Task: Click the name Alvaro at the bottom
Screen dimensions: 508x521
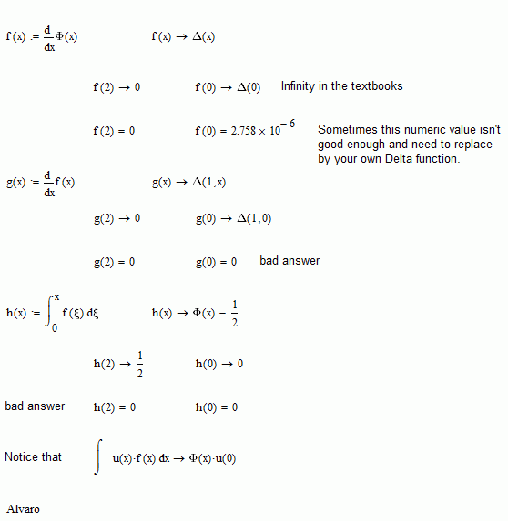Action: click(24, 509)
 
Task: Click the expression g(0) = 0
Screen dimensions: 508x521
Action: click(216, 262)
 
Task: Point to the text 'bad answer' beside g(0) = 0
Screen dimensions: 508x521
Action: click(290, 261)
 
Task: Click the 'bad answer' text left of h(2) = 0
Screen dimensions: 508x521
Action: click(35, 406)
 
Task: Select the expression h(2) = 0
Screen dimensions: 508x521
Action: click(114, 407)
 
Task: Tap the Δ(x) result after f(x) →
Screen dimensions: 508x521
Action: click(204, 37)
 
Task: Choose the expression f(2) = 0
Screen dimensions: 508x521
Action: click(114, 131)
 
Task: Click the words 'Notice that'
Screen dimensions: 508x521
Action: click(33, 456)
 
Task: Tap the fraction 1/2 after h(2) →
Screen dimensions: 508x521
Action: click(139, 363)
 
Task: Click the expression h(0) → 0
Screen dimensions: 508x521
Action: click(218, 364)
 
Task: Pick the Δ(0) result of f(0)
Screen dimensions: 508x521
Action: click(249, 88)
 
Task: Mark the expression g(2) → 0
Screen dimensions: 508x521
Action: click(117, 219)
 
